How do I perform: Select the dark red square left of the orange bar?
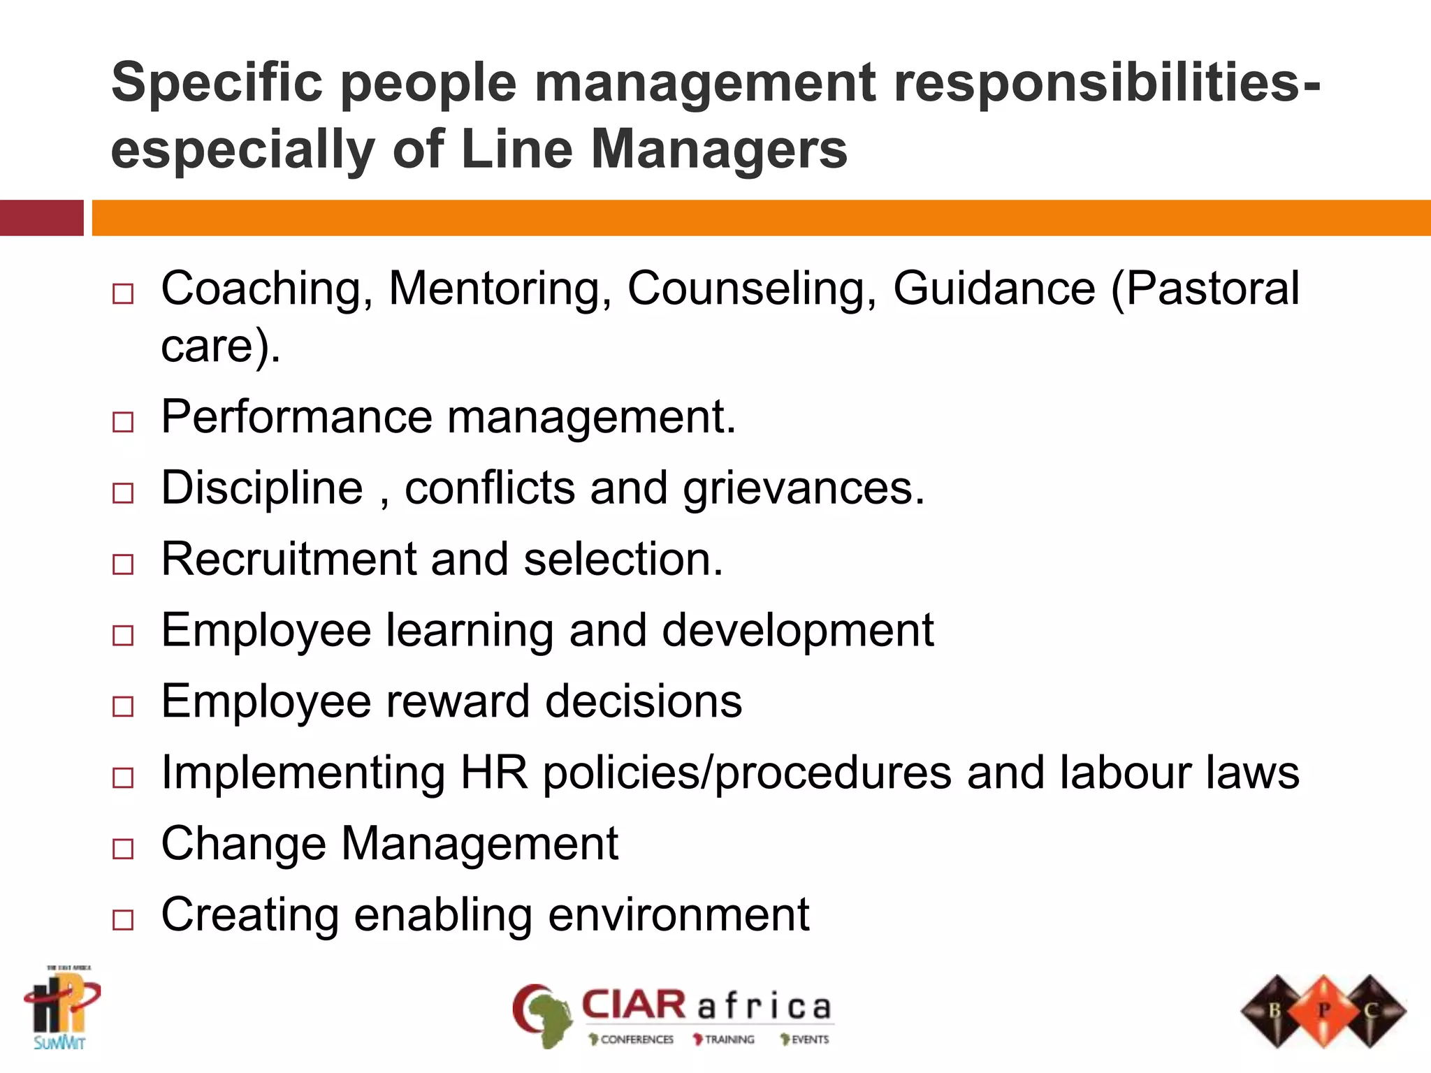coord(41,218)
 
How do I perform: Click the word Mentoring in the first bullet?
coord(500,289)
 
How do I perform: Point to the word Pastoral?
coord(1212,289)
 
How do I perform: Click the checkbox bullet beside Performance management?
coord(123,422)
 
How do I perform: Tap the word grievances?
coord(804,488)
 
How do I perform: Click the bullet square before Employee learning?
coord(123,635)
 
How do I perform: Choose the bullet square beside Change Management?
coord(123,849)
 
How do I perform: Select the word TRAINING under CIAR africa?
coord(729,1039)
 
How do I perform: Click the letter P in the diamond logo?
coord(1323,1010)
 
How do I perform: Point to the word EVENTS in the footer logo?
coord(810,1039)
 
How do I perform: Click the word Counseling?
coord(752,289)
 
